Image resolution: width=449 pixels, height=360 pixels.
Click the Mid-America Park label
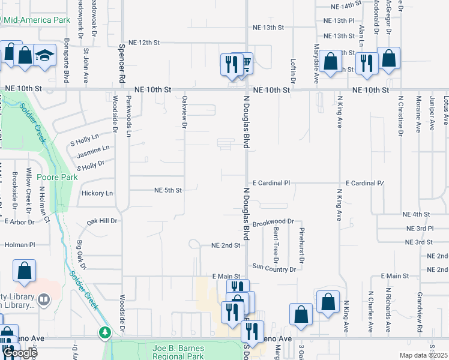point(37,20)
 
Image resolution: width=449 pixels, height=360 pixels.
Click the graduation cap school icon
point(44,55)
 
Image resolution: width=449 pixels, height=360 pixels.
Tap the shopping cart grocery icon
point(244,62)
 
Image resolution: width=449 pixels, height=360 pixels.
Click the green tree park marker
point(105,332)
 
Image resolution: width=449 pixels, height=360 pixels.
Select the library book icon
point(44,299)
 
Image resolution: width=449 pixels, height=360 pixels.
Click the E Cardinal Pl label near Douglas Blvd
point(271,182)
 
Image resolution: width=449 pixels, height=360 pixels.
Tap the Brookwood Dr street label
point(273,223)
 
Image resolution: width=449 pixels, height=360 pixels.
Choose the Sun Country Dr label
point(274,268)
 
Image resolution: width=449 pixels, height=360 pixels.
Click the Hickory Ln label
point(97,193)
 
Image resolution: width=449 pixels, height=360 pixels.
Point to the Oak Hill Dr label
point(103,221)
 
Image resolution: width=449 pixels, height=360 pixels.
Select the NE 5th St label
point(168,190)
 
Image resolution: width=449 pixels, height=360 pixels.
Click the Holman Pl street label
point(20,245)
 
